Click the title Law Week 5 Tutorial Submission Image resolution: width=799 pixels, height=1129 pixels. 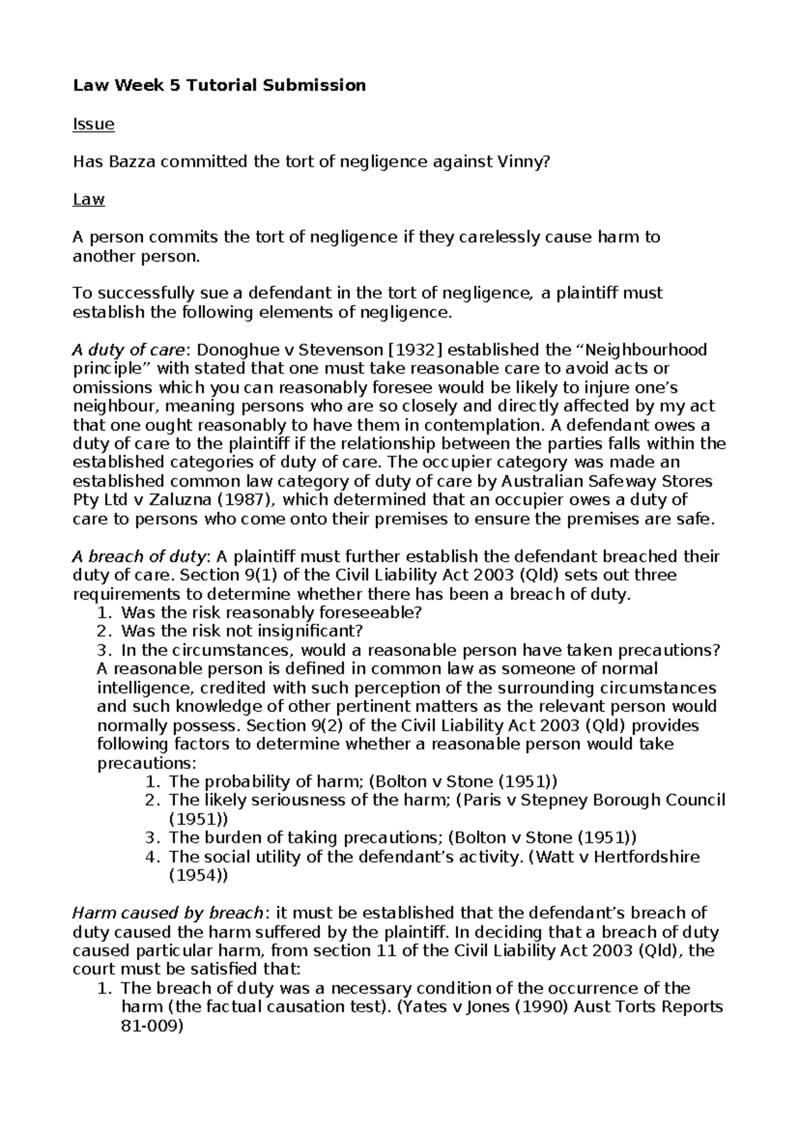coord(219,85)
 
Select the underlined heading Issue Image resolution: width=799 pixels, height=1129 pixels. coord(93,124)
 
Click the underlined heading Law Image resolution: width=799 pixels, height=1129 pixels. coord(89,199)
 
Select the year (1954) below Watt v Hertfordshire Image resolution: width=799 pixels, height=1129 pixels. coord(198,875)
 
